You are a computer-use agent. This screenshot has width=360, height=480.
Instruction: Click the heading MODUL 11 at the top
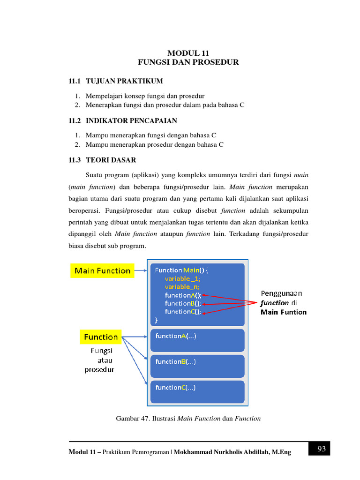[188, 53]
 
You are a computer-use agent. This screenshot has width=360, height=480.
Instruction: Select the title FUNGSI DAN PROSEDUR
[188, 62]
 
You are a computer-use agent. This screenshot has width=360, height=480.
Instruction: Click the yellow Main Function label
[103, 270]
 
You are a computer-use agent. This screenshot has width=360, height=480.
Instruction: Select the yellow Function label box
[101, 337]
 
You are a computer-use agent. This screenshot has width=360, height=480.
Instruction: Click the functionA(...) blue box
[197, 340]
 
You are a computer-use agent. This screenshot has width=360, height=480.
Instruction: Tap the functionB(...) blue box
[197, 366]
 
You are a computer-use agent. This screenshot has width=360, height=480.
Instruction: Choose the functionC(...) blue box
[197, 392]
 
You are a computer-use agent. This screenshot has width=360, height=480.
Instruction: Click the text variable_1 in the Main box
[182, 278]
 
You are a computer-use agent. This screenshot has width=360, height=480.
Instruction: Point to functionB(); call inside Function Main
[183, 303]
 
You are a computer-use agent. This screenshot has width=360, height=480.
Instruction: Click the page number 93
[321, 449]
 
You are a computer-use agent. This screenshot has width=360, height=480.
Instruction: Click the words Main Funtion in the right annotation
[284, 312]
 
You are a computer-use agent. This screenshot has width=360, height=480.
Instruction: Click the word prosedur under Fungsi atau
[99, 369]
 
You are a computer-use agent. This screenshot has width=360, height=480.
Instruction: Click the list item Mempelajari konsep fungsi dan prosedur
[145, 96]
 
